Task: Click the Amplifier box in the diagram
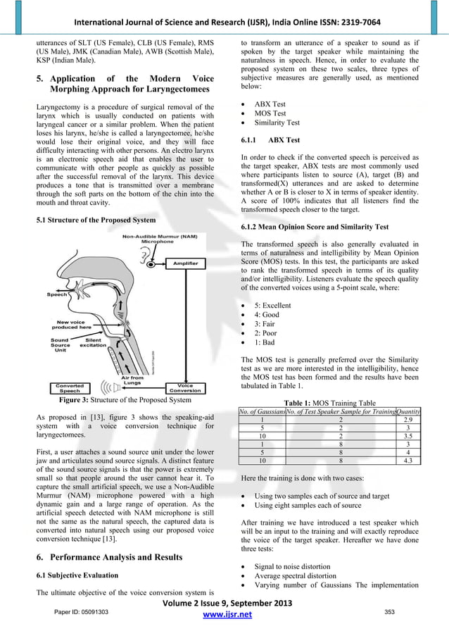tap(184, 263)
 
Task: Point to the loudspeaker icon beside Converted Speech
tap(106, 387)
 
